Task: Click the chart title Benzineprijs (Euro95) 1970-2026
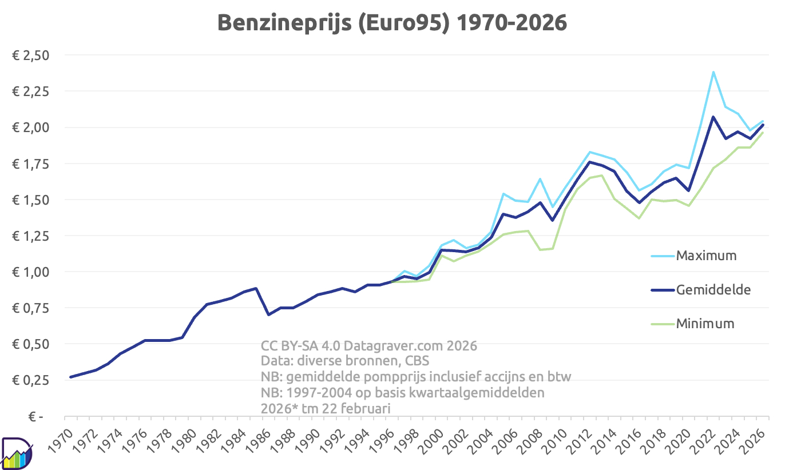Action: [392, 22]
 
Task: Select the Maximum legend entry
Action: [706, 256]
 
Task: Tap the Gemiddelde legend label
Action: [713, 289]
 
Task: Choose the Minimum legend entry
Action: [705, 324]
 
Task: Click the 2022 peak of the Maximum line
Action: [713, 72]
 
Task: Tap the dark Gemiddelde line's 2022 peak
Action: [713, 117]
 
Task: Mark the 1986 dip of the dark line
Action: [268, 314]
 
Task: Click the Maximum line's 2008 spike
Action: [540, 179]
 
